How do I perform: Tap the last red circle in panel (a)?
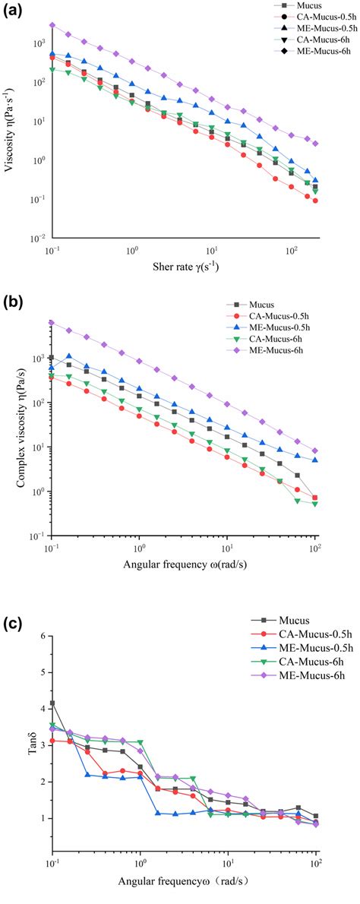[x=315, y=201]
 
